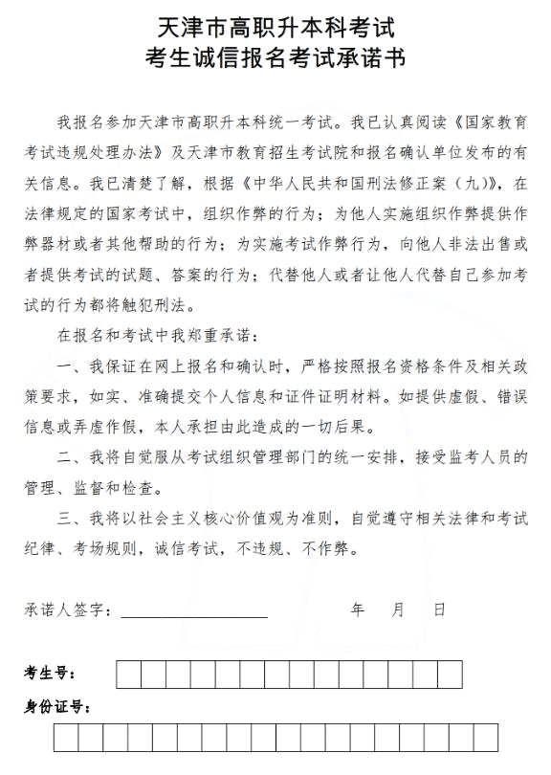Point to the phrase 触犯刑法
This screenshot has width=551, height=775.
coord(162,305)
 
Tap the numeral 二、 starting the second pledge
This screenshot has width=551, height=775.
coord(68,457)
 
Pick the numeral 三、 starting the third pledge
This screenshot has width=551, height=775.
coord(68,519)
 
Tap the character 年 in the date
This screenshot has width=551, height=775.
coord(358,609)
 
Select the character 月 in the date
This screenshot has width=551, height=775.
coord(399,609)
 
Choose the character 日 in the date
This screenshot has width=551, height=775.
coord(439,609)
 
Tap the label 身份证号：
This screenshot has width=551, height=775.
coord(57,708)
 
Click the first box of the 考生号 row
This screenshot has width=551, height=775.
coord(127,675)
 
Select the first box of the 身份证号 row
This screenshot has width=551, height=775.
coord(66,738)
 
